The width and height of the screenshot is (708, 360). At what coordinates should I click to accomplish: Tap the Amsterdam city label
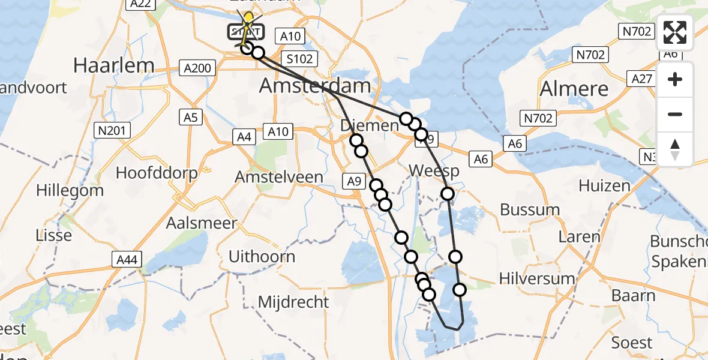(x=315, y=86)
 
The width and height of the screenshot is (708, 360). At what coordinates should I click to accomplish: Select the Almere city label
(x=574, y=89)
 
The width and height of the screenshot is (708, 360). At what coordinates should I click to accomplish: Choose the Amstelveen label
(x=279, y=177)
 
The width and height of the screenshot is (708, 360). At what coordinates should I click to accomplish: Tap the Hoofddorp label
(x=157, y=173)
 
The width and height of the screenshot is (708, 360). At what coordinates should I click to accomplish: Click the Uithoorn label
(x=262, y=257)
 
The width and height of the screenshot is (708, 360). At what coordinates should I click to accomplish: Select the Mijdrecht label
(x=293, y=301)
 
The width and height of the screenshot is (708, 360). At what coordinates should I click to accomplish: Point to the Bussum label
(x=530, y=210)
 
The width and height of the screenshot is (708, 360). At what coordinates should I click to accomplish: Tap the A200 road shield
(x=198, y=68)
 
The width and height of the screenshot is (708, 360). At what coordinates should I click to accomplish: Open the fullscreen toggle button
(x=675, y=32)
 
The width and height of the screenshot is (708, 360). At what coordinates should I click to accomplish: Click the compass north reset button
(x=675, y=149)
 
